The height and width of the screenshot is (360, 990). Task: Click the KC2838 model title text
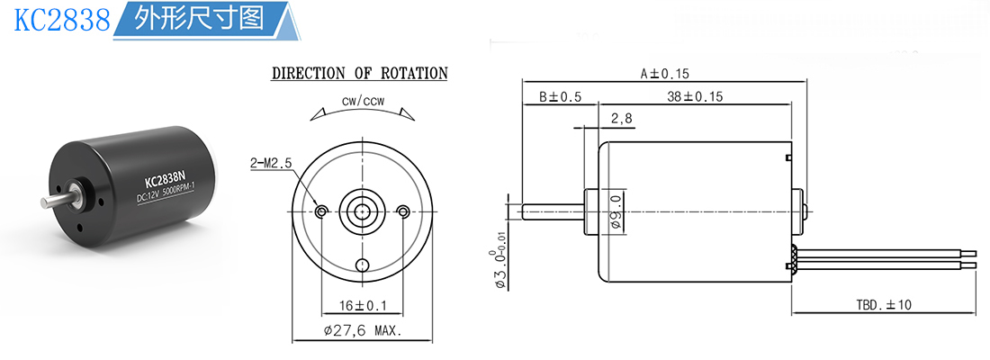pos(62,20)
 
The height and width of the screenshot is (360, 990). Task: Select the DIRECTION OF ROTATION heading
pos(359,73)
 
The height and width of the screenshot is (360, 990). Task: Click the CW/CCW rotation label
pos(363,102)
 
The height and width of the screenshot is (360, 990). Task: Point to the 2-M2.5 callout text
pos(270,163)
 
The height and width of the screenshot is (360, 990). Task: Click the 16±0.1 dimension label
pos(363,306)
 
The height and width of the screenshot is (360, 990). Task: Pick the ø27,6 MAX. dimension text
pos(362,330)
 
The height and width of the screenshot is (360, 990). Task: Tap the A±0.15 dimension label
pos(665,74)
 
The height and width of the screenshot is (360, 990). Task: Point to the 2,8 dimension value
pos(621,120)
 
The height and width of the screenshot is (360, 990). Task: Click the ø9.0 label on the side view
pos(616,211)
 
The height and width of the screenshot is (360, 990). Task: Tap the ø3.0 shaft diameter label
pos(500,269)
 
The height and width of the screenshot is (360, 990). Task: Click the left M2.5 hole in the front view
pos(322,211)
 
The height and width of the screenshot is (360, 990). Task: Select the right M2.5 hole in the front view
pos(403,211)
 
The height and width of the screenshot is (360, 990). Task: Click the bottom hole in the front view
pos(363,265)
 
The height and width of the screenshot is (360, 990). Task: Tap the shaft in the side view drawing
pos(553,211)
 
